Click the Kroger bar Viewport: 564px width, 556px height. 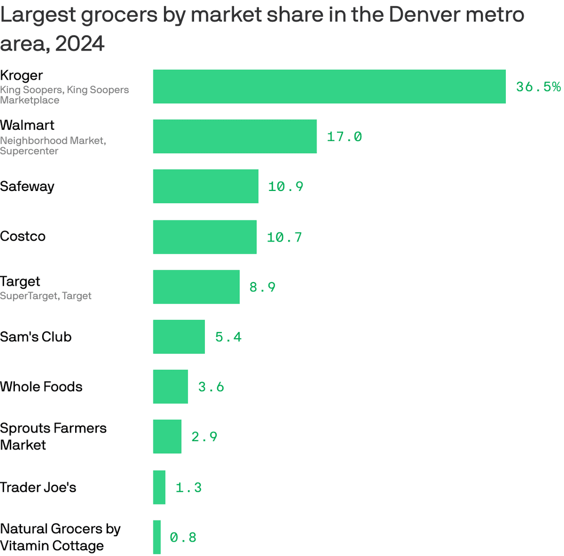pyautogui.click(x=329, y=86)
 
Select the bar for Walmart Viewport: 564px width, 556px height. pyautogui.click(x=235, y=136)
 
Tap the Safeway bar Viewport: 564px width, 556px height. pyautogui.click(x=205, y=186)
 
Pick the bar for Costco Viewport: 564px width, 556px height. pyautogui.click(x=205, y=237)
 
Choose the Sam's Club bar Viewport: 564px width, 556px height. pyautogui.click(x=179, y=337)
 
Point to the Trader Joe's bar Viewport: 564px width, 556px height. pyautogui.click(x=159, y=487)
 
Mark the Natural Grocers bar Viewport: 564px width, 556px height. pyautogui.click(x=157, y=537)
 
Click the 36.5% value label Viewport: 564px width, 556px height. pyautogui.click(x=538, y=86)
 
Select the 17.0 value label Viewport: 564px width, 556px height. pyautogui.click(x=344, y=136)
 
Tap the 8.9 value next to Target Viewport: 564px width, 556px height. pyautogui.click(x=262, y=287)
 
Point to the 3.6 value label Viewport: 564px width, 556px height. pyautogui.click(x=211, y=387)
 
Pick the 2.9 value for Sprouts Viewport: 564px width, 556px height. pyautogui.click(x=204, y=437)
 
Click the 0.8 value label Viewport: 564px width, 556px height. pyautogui.click(x=183, y=537)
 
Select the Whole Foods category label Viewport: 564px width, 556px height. pyautogui.click(x=41, y=387)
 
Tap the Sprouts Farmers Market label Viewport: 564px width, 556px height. pyautogui.click(x=53, y=437)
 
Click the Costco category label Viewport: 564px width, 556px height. pyautogui.click(x=23, y=237)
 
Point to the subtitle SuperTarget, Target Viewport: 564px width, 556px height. pyautogui.click(x=46, y=296)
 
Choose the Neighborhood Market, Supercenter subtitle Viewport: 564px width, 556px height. pyautogui.click(x=52, y=146)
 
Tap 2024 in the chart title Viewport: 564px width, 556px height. pyautogui.click(x=80, y=44)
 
